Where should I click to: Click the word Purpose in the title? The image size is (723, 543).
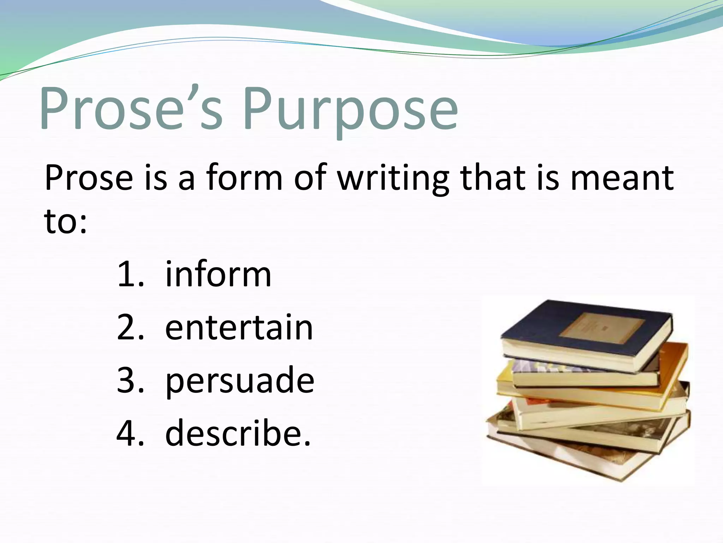[x=349, y=110]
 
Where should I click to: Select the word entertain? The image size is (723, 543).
[x=239, y=328]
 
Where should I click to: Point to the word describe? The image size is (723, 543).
[x=237, y=433]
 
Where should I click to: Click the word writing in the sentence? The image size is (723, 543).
[x=393, y=179]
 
